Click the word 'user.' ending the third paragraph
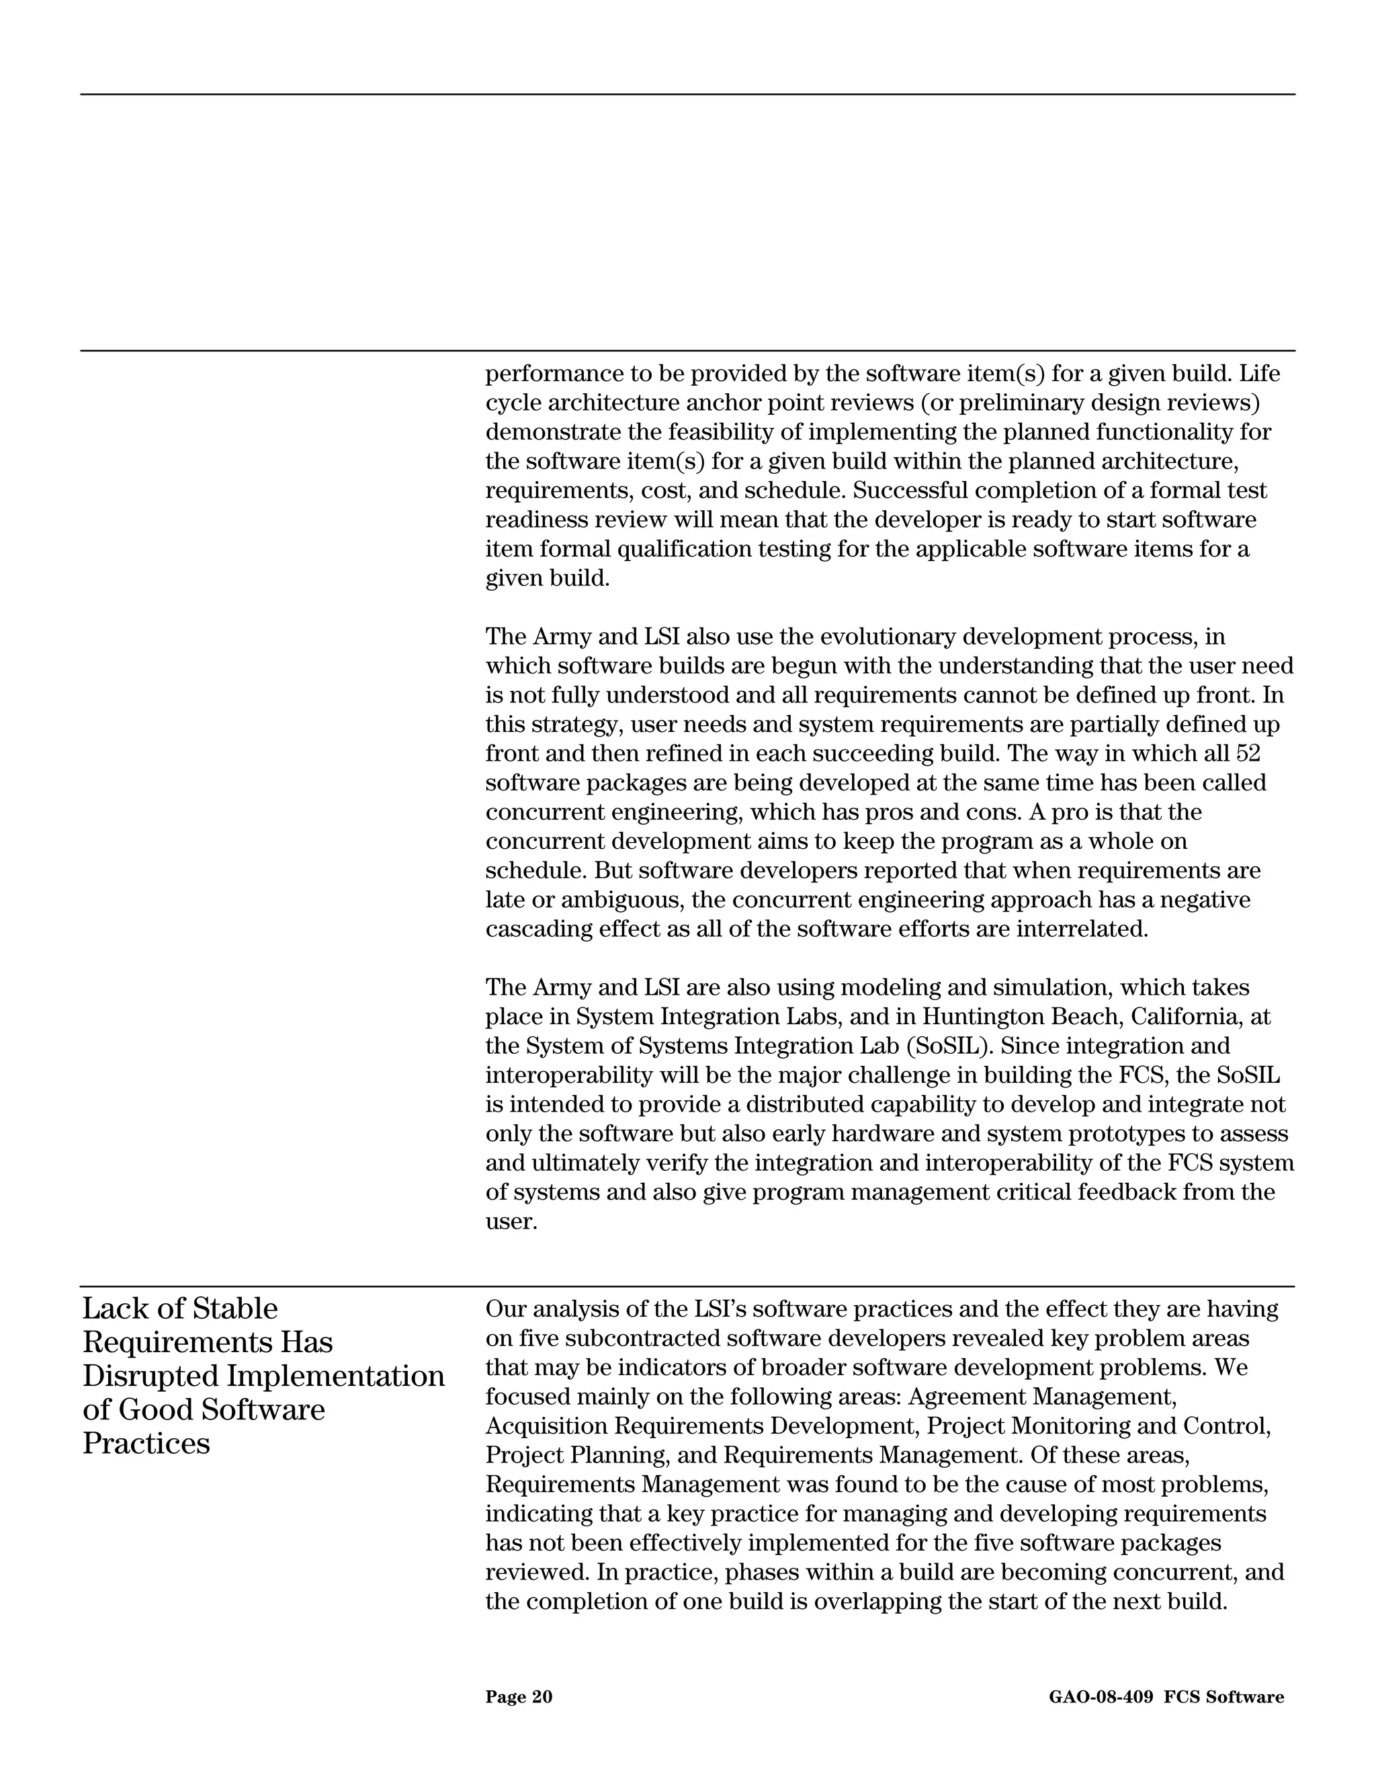511,1222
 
